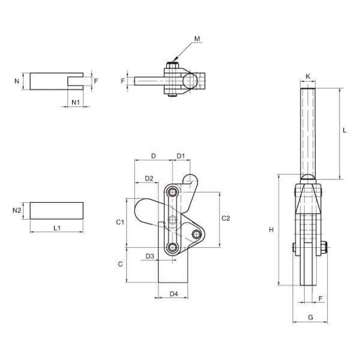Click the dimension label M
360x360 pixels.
(x=197, y=39)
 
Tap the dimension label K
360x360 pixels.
(x=308, y=76)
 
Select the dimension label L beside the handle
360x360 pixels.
(x=344, y=130)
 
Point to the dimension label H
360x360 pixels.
(x=271, y=230)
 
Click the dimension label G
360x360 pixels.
(x=310, y=317)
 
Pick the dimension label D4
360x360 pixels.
(x=173, y=293)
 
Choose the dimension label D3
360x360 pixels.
(x=150, y=256)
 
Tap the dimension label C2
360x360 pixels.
(x=226, y=218)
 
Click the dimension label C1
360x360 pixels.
(x=120, y=222)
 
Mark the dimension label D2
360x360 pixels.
(x=149, y=178)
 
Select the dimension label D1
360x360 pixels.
(x=181, y=156)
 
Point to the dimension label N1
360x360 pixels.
(x=76, y=102)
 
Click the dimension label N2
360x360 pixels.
(x=17, y=210)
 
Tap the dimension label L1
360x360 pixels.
(x=57, y=228)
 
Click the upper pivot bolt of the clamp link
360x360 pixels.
(x=172, y=192)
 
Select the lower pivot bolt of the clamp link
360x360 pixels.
(x=172, y=247)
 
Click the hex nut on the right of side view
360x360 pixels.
(x=323, y=247)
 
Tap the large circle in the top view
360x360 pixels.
(x=190, y=80)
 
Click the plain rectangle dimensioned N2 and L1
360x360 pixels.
(x=57, y=211)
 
